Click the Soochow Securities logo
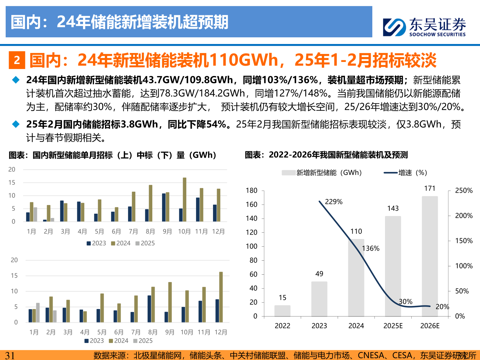[424, 27]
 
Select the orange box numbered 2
[17, 60]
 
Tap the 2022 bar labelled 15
[282, 311]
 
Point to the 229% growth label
[333, 202]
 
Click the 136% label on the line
[371, 248]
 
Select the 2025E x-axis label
[393, 326]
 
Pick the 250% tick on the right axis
[464, 191]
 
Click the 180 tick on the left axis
[252, 191]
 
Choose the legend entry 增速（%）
[406, 173]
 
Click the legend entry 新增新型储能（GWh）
[322, 173]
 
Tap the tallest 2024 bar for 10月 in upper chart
[185, 199]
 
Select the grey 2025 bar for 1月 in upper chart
[35, 214]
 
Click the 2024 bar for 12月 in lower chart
[221, 297]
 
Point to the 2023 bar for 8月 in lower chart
[149, 309]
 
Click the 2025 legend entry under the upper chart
[145, 243]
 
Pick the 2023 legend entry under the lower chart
[94, 341]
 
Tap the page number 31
[10, 355]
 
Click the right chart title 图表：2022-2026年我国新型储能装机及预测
[326, 155]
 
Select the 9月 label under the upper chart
[167, 232]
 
